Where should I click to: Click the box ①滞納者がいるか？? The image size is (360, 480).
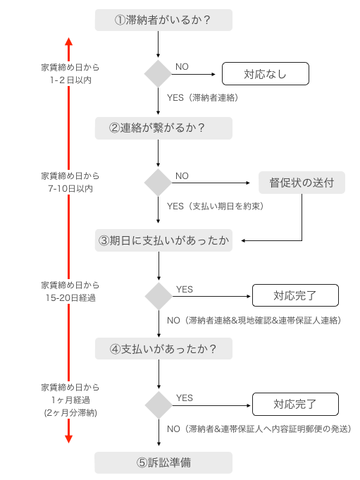[163, 20]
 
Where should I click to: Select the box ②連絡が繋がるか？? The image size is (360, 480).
[163, 128]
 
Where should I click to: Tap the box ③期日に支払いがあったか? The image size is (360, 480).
[163, 240]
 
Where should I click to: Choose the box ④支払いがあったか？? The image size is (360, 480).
[163, 348]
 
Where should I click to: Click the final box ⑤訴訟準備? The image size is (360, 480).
[163, 462]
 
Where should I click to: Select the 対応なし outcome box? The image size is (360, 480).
[265, 73]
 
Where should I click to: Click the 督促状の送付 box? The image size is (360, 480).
[302, 183]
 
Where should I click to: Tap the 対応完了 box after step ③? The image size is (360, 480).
[295, 295]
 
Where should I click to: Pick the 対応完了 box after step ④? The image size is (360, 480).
[295, 405]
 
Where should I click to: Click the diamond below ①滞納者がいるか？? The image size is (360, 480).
[158, 73]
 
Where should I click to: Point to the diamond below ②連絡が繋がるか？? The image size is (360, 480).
[158, 183]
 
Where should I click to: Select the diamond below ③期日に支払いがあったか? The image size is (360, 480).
[158, 295]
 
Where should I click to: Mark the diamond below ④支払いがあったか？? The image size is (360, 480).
[158, 405]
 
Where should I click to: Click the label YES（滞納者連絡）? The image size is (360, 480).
[203, 97]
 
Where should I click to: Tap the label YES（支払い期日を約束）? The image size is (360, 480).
[213, 207]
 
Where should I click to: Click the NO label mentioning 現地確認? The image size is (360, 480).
[254, 320]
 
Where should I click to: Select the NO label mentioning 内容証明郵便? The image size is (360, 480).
[259, 429]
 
